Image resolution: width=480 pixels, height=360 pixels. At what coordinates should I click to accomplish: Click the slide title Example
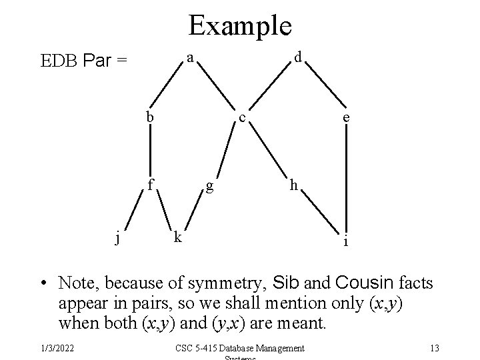coord(240,26)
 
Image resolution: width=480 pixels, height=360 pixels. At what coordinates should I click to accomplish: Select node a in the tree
coord(190,58)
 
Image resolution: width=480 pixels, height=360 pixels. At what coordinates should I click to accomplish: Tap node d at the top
coord(299,58)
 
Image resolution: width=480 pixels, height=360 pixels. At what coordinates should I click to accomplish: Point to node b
coord(151,117)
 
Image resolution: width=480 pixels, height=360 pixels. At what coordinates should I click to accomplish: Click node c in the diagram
coord(244,119)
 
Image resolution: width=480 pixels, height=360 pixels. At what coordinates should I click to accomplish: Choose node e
coord(345,117)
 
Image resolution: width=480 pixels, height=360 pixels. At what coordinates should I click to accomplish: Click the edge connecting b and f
coord(151,149)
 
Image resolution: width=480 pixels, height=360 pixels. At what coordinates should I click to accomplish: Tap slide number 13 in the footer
coord(434,347)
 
